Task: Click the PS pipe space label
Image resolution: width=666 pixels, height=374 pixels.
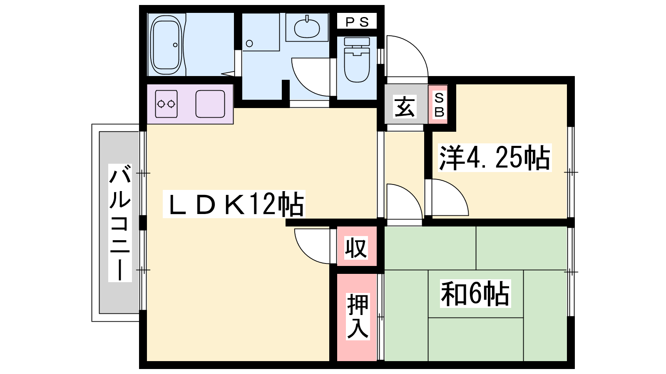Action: [x=357, y=22]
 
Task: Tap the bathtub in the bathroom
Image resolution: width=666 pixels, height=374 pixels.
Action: [x=166, y=45]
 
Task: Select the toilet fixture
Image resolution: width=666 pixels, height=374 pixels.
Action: [x=357, y=59]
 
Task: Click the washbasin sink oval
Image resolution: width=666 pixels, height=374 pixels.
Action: [x=307, y=28]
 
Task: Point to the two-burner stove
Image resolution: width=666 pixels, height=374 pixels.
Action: [x=166, y=104]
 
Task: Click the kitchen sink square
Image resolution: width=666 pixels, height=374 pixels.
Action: [x=210, y=104]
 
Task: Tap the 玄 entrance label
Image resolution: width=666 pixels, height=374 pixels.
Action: [x=405, y=106]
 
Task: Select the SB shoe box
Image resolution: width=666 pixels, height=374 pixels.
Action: [x=438, y=104]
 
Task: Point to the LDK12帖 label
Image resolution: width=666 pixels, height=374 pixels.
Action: [x=234, y=204]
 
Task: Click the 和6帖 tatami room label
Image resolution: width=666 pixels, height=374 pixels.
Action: [x=475, y=293]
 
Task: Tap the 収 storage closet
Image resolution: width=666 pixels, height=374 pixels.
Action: [x=356, y=247]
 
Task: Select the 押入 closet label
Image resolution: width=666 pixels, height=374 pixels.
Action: [x=358, y=316]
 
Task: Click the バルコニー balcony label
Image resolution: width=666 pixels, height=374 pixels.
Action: [x=120, y=222]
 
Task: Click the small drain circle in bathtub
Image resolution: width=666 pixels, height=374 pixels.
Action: [x=175, y=45]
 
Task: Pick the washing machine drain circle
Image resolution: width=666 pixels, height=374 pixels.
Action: [x=249, y=44]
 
